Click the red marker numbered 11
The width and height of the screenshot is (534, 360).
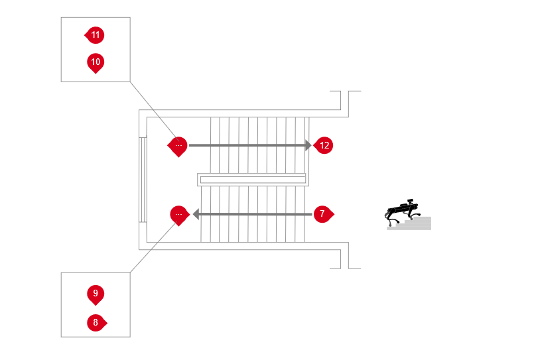tap(95, 35)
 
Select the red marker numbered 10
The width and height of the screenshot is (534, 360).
tap(96, 62)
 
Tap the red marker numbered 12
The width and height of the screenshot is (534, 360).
tap(324, 145)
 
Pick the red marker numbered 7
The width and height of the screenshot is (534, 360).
tap(323, 214)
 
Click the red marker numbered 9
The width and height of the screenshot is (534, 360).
tap(96, 294)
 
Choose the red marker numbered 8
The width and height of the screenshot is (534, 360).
tap(97, 323)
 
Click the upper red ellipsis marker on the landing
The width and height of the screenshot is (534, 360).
tap(178, 147)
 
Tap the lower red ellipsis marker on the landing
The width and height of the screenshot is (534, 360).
tap(179, 215)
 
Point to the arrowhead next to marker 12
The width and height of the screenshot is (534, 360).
tap(308, 145)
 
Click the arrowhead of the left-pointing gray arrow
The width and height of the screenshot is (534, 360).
tap(196, 214)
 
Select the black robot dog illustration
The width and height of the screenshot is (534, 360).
tap(403, 211)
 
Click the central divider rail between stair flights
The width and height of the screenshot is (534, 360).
tap(251, 179)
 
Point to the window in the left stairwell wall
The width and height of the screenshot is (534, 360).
tap(143, 180)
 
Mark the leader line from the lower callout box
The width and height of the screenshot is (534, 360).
tap(154, 247)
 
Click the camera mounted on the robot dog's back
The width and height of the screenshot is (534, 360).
tap(411, 200)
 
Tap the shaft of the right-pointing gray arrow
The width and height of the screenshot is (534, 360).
tap(247, 145)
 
